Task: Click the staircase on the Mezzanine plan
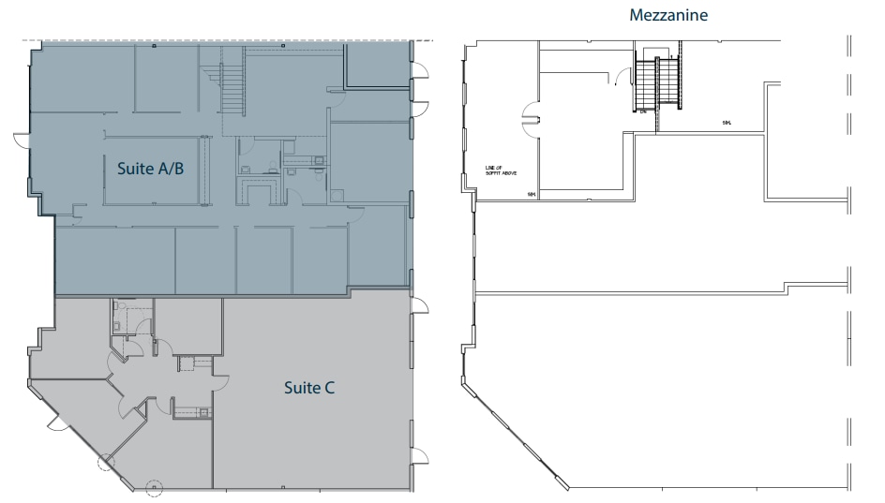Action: [x=657, y=81]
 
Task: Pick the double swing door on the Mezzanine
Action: [x=530, y=117]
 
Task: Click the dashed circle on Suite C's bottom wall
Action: [x=153, y=488]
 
